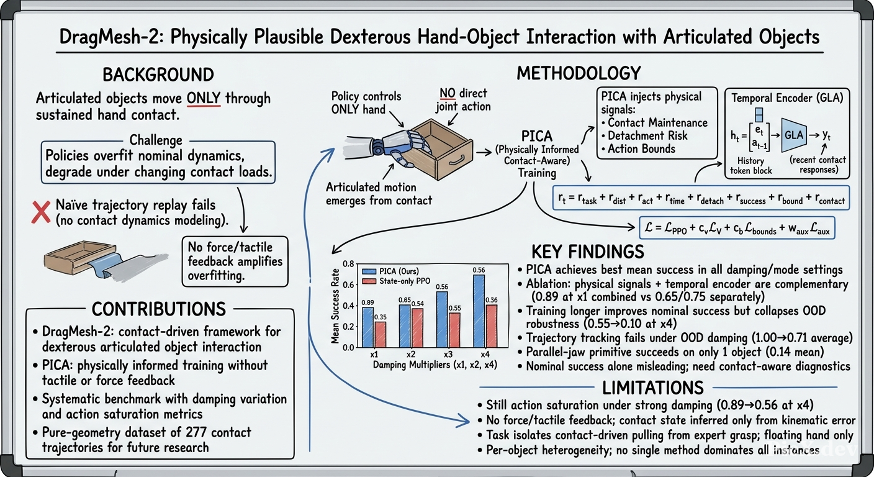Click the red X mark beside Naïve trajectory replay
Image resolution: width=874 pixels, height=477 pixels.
point(41,212)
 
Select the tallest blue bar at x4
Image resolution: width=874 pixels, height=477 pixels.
point(479,311)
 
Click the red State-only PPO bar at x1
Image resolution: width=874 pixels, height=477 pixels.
point(380,335)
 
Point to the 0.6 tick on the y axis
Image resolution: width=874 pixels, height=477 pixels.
point(348,285)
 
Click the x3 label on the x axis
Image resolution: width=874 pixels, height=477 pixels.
point(448,355)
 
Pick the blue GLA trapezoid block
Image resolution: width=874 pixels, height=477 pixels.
point(794,135)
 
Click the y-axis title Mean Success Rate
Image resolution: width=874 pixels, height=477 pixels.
point(335,306)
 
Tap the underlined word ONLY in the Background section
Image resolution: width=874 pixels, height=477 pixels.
point(203,98)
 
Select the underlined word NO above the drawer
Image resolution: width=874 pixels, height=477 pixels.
point(448,93)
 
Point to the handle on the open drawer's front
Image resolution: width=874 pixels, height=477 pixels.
point(456,159)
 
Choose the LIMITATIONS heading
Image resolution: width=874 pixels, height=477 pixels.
point(653,388)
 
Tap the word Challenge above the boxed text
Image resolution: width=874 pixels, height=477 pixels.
point(156,140)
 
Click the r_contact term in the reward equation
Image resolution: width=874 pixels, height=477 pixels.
point(830,199)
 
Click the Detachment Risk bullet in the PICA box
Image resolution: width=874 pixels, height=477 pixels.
point(644,136)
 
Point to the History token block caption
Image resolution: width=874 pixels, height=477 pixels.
point(751,166)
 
